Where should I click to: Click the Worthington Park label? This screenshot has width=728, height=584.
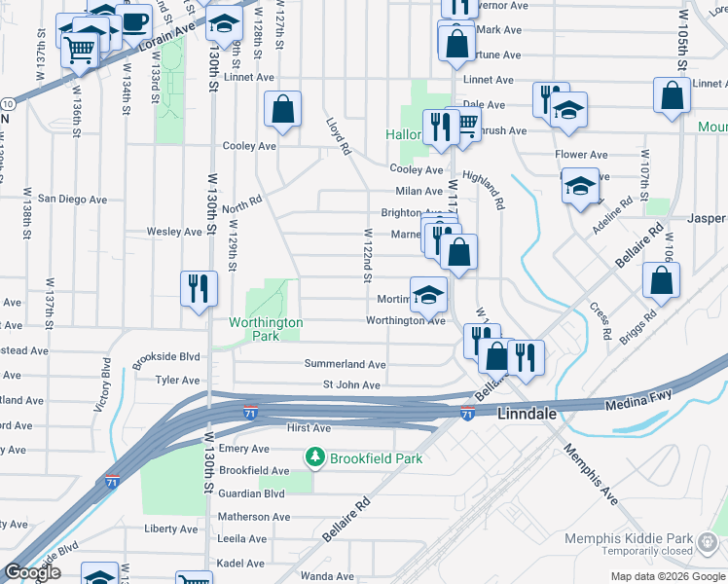point(266,329)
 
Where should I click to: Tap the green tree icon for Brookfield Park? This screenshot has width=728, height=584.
point(314,456)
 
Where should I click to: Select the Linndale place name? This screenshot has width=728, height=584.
point(527,414)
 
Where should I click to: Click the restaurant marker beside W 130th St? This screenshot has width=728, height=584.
point(199,288)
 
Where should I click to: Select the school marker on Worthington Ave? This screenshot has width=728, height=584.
point(428,295)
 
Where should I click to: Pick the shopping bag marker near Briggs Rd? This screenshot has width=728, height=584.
point(661,279)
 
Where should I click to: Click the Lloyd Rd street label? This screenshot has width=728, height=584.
point(338,137)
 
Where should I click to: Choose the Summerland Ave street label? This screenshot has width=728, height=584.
point(345,364)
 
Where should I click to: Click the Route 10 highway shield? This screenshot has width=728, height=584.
point(7,102)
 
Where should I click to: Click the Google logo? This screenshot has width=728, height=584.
point(31,572)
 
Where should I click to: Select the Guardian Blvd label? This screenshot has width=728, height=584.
point(251,493)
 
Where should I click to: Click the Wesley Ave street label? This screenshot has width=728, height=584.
point(173,232)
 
